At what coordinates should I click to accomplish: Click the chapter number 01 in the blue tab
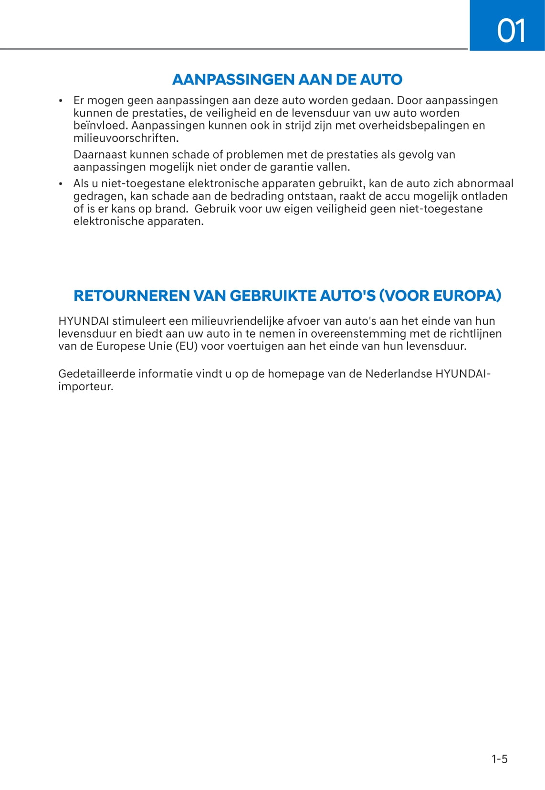point(511,31)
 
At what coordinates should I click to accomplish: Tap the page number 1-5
point(500,759)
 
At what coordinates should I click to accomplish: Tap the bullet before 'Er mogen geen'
point(61,101)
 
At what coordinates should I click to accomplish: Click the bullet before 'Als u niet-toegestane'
point(61,184)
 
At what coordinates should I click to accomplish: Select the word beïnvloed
point(101,126)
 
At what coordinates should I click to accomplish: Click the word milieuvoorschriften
point(126,139)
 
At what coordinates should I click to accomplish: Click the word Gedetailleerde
point(96,374)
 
